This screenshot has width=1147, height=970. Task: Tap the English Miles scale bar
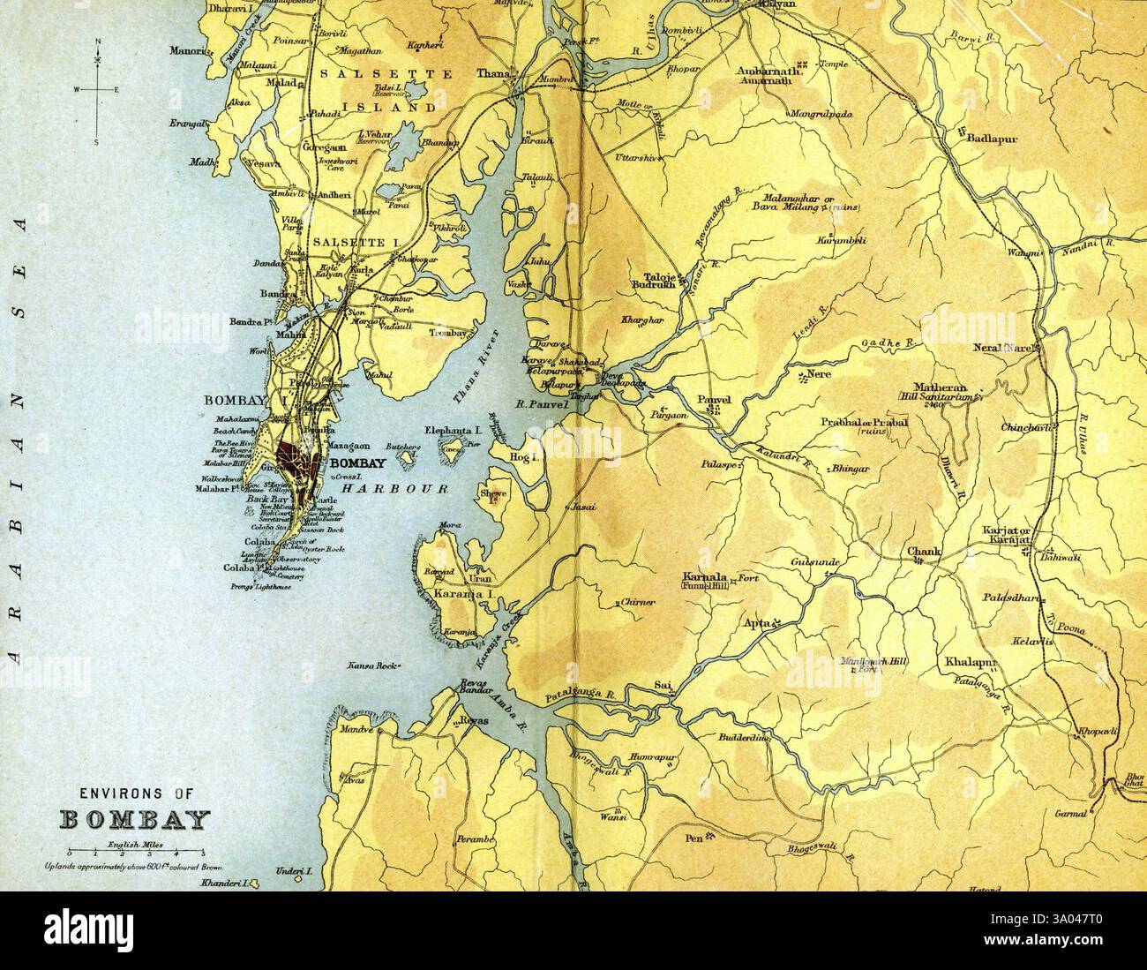[x=135, y=853]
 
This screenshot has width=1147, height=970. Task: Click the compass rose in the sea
[x=99, y=91]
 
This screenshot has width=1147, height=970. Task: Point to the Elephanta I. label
[x=452, y=430]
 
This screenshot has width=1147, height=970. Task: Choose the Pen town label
[x=694, y=838]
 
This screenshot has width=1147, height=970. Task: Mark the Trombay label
[x=446, y=334]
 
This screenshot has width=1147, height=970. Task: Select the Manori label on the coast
[x=185, y=51]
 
